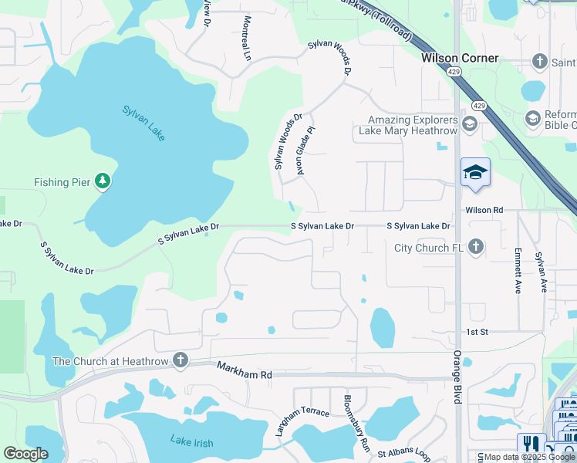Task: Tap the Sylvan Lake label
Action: [143, 122]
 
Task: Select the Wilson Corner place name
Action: [460, 58]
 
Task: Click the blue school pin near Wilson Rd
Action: [475, 173]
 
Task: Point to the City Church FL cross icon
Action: [477, 248]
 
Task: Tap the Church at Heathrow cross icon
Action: [181, 360]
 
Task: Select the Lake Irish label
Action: [191, 443]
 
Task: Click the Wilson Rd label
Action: [484, 210]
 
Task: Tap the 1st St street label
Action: [475, 332]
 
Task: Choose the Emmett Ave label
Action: [518, 271]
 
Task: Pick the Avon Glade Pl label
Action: [305, 150]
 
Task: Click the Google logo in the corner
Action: [25, 454]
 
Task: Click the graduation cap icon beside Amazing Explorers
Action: [468, 123]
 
